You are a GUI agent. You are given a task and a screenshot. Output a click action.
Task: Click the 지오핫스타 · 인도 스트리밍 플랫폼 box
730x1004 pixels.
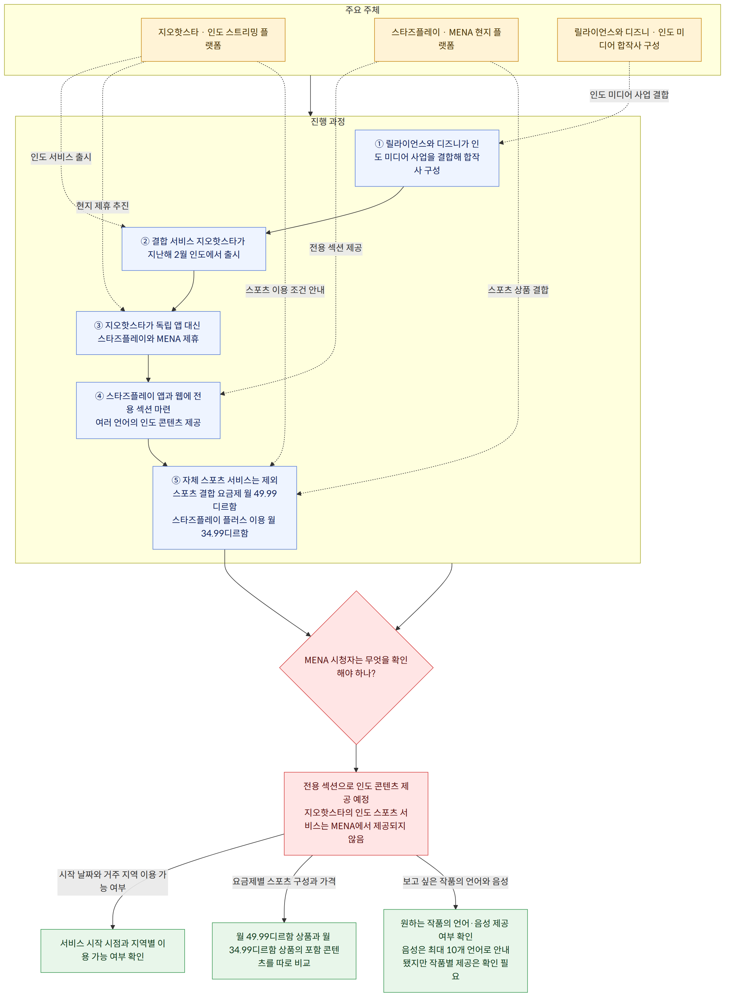coord(213,40)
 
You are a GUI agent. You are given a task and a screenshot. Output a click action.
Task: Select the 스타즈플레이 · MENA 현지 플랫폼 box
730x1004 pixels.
coord(446,40)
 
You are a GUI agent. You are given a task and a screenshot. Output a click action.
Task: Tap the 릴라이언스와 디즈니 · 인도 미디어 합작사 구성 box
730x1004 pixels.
coord(629,40)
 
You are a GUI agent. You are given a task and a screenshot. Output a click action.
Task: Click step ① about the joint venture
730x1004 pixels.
coord(427,158)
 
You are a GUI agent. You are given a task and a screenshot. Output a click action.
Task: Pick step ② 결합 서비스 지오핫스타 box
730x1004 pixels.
coord(194,249)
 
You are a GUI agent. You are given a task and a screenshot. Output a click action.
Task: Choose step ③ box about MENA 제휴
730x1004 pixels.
coord(148,333)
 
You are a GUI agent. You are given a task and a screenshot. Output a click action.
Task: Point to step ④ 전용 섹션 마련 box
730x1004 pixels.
coord(148,410)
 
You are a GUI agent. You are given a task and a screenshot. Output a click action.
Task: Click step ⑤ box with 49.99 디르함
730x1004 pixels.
coord(225,508)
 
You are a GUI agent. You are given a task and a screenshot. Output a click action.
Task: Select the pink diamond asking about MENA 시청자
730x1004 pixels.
coord(356,668)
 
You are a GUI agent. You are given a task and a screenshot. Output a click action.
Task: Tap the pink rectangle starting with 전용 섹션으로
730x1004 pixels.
coord(356,814)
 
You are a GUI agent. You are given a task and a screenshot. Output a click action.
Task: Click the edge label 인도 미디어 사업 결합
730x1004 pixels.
coord(629,95)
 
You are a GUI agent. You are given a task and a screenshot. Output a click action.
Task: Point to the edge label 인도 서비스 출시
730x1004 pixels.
coord(61,157)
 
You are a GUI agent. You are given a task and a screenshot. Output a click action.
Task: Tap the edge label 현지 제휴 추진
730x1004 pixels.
coord(103,206)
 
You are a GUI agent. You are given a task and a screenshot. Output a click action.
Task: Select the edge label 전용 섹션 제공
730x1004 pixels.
coord(336,248)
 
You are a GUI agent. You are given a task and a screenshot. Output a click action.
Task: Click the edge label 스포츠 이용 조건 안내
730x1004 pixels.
coord(285,290)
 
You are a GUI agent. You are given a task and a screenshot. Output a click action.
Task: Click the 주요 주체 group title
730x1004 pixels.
coord(363,10)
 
